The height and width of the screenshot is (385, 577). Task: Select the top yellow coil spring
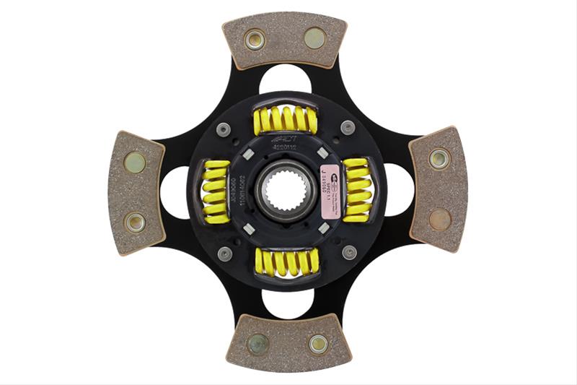286,120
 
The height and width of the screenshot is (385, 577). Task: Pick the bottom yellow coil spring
286,261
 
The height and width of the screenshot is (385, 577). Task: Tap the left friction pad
136,192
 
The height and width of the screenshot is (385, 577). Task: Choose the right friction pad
438,189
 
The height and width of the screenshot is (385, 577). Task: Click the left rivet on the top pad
254,39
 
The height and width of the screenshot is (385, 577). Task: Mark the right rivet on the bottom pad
318,344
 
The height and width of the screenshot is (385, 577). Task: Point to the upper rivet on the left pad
134,162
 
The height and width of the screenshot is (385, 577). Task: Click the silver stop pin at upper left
224,129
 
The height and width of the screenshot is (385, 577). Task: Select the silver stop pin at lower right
349,252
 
